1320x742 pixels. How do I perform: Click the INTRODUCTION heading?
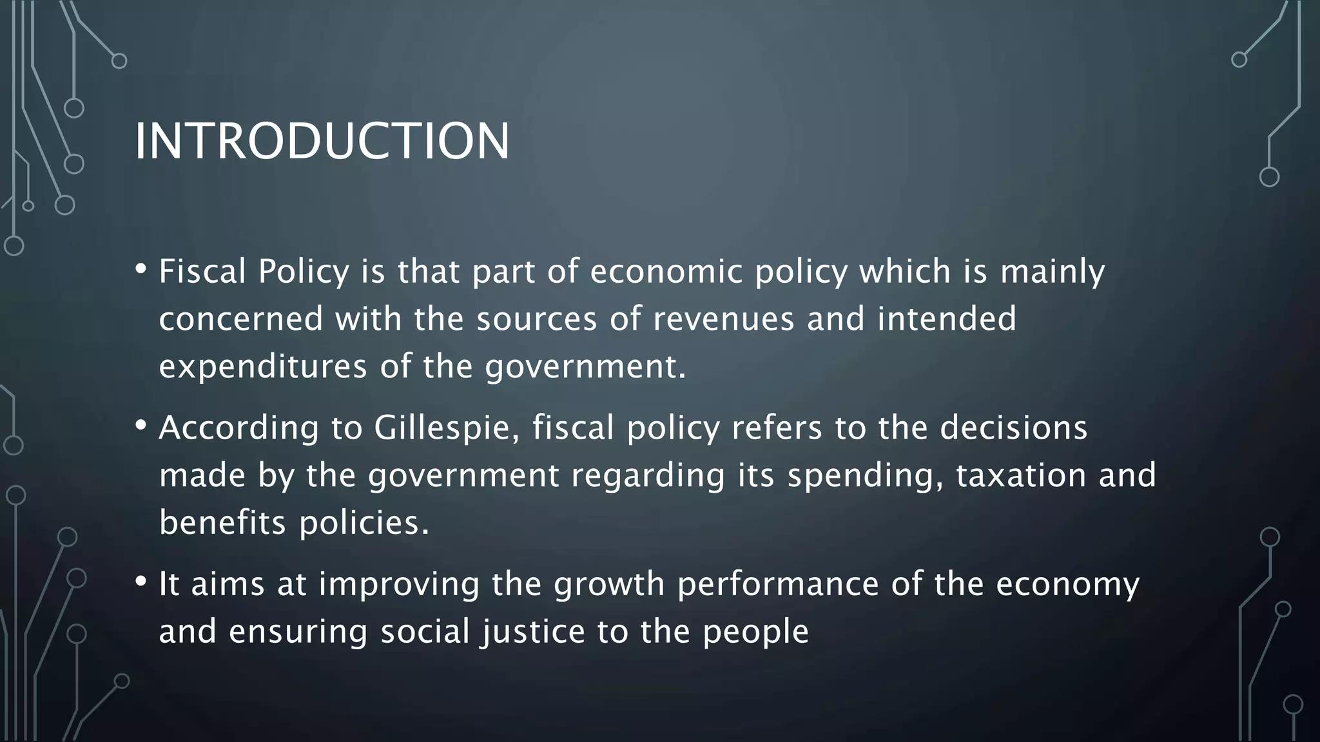pos(322,141)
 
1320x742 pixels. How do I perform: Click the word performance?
pos(778,584)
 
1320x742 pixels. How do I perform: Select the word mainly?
pos(1053,271)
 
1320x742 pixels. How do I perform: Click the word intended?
pos(946,319)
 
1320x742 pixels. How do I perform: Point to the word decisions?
pos(1013,428)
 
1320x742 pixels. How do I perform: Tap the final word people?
pos(755,631)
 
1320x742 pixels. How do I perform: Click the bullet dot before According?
pos(141,425)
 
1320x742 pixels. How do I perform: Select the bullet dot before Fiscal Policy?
pos(141,269)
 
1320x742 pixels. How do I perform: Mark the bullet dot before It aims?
pos(141,582)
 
